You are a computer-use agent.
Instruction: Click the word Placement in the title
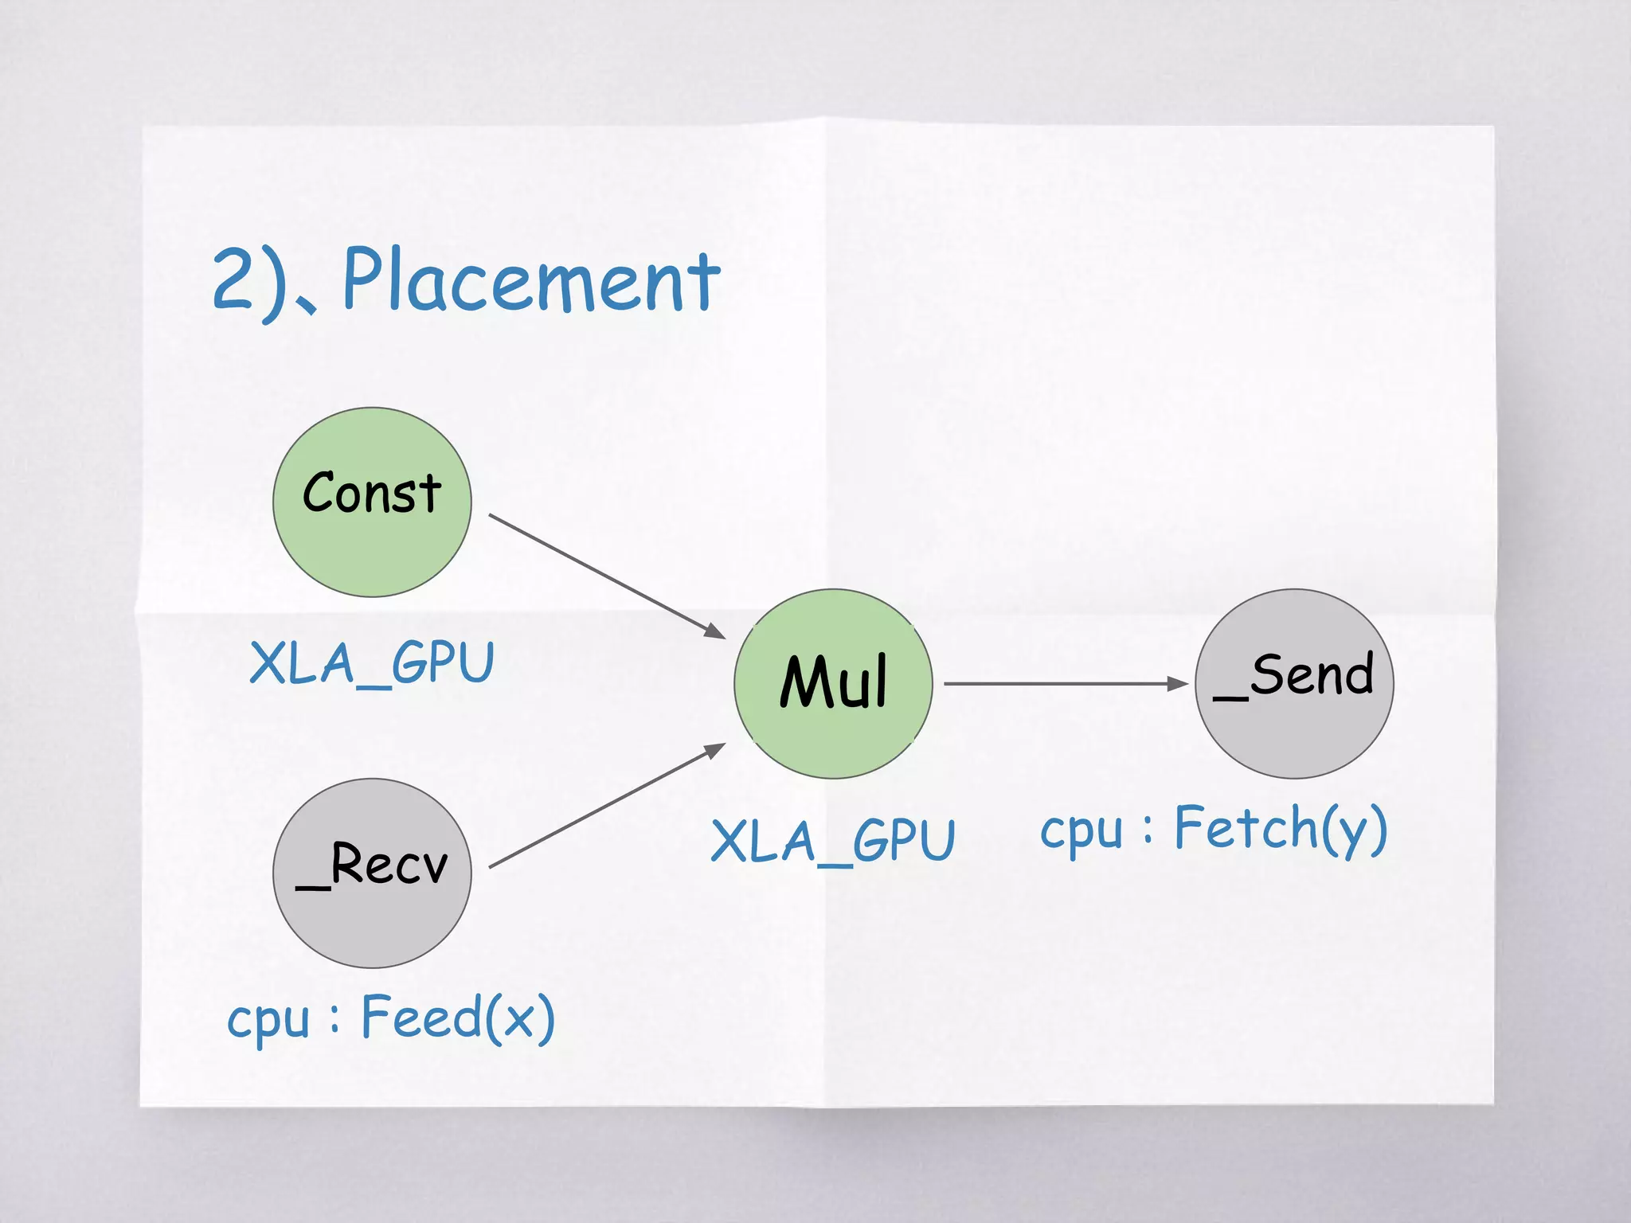pyautogui.click(x=531, y=280)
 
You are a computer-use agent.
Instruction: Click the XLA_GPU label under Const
pyautogui.click(x=372, y=662)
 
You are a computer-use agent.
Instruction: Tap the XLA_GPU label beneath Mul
pyautogui.click(x=833, y=841)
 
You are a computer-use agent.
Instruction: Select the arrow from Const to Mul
pyautogui.click(x=605, y=576)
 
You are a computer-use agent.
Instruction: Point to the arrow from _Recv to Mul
pyautogui.click(x=605, y=806)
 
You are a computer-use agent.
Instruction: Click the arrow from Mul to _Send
pyautogui.click(x=1059, y=683)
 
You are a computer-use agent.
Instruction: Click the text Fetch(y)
pyautogui.click(x=1281, y=829)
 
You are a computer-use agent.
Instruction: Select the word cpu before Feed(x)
pyautogui.click(x=268, y=1021)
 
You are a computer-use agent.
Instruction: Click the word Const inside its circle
pyautogui.click(x=372, y=493)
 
